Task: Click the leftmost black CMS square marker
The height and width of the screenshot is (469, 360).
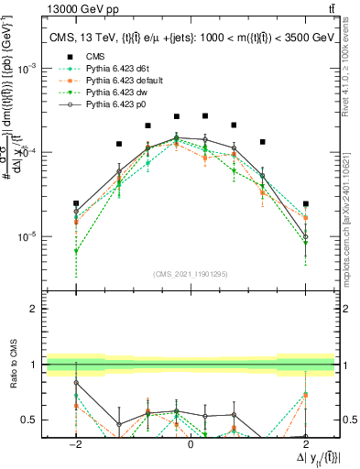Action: pos(76,203)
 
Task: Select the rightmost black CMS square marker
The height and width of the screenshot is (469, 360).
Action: pos(305,203)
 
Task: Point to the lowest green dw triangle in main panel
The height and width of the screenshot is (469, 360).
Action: pos(76,251)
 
